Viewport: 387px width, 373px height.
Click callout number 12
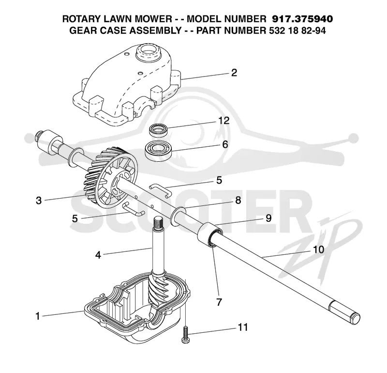[x=224, y=121]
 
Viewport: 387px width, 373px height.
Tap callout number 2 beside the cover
[x=234, y=73]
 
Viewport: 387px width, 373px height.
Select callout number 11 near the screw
[x=243, y=327]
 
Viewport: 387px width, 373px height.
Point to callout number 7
[x=219, y=302]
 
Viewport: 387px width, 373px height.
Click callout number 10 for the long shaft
[x=318, y=249]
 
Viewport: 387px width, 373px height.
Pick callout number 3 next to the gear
[x=39, y=200]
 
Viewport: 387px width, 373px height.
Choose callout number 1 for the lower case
[x=38, y=316]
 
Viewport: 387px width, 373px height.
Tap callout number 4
[x=98, y=255]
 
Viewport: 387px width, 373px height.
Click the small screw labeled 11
[x=185, y=334]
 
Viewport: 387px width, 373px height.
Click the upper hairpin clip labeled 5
[x=160, y=189]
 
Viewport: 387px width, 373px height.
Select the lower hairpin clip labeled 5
[x=134, y=209]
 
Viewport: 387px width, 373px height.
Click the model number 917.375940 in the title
[x=302, y=19]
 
